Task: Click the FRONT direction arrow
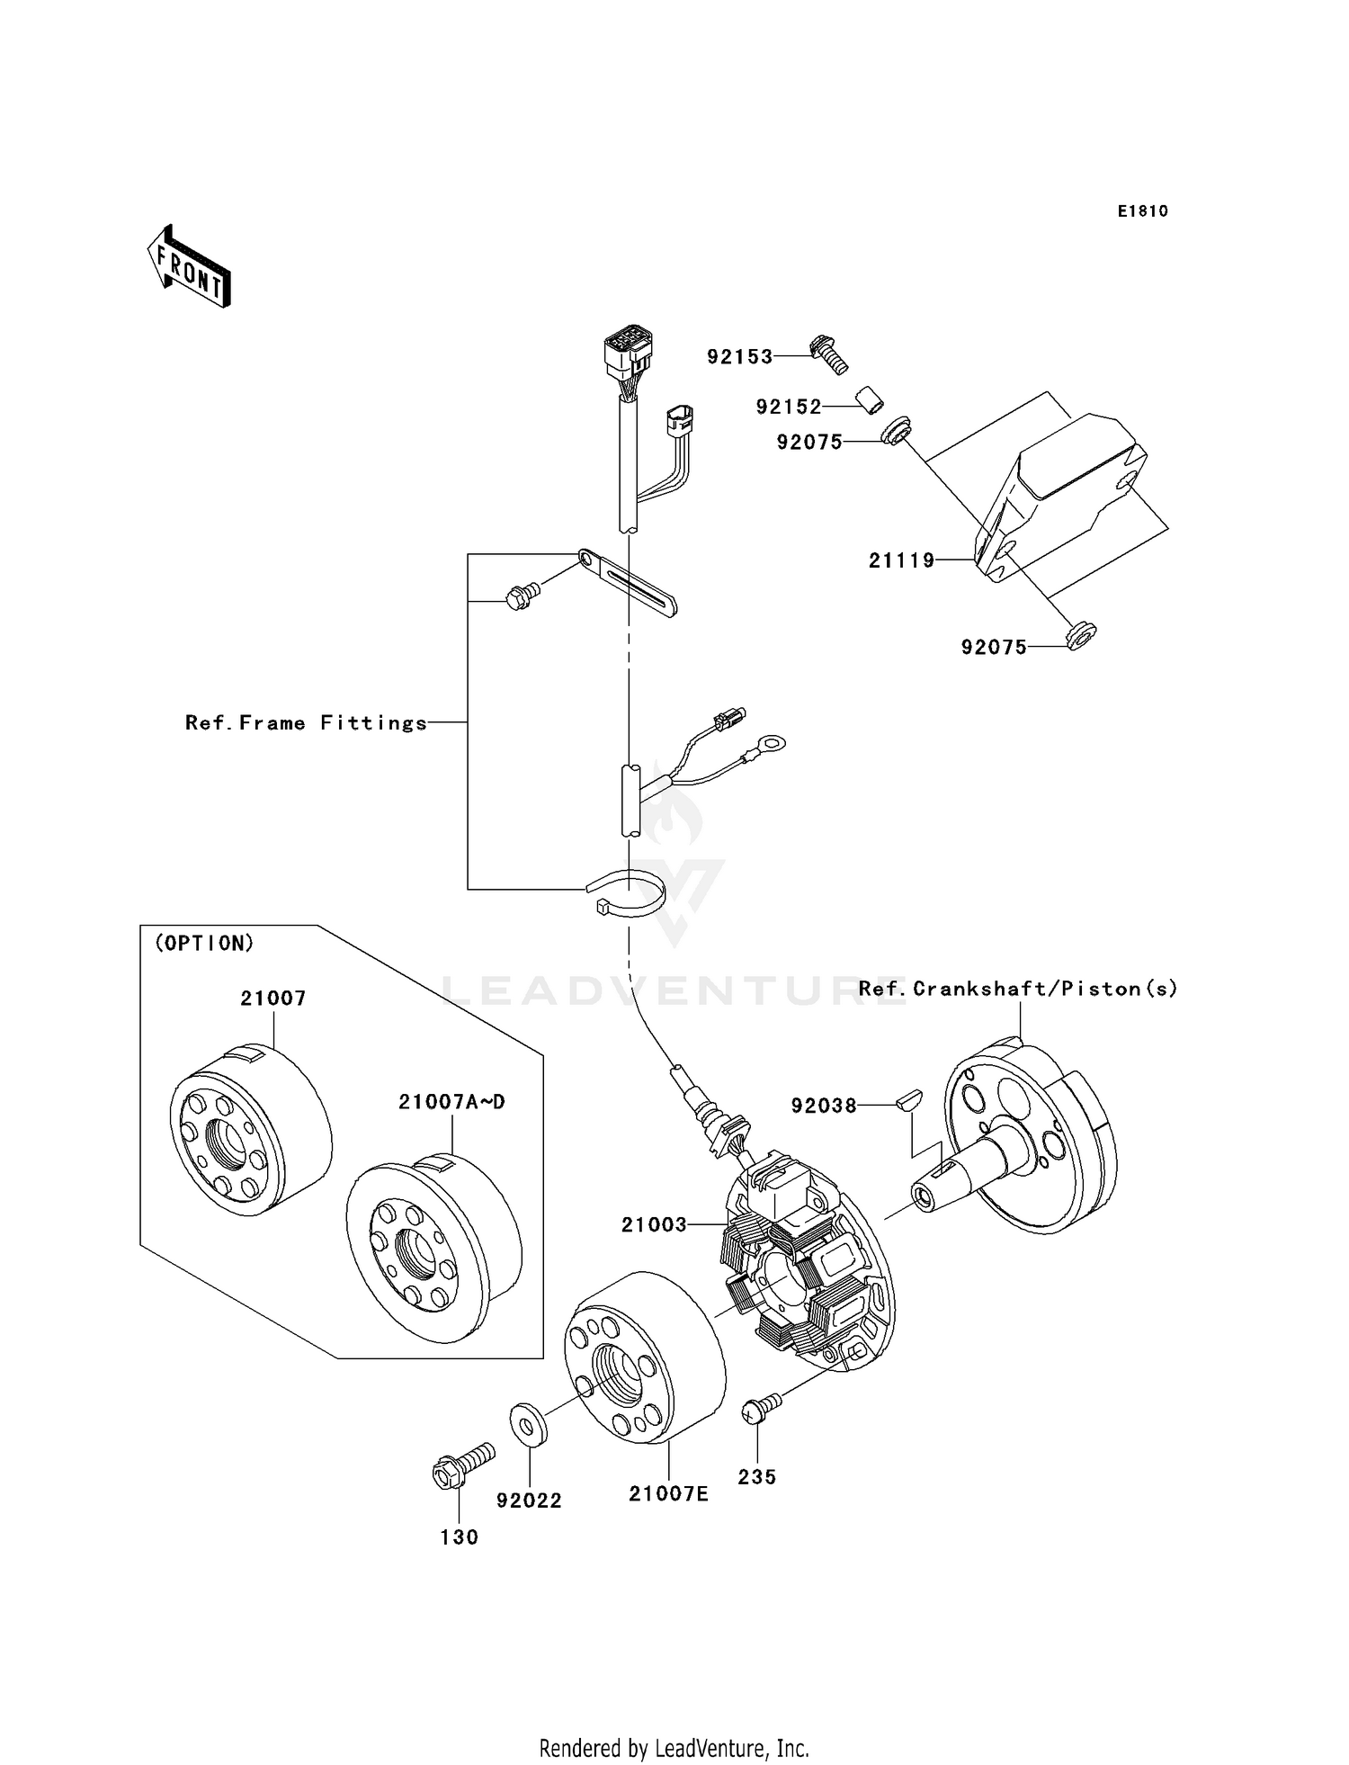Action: click(190, 267)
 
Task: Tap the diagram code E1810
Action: click(1142, 211)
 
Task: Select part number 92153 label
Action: click(739, 357)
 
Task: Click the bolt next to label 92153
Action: click(829, 354)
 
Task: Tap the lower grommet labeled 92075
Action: click(1078, 636)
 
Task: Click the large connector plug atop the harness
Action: click(628, 354)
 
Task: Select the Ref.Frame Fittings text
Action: click(306, 723)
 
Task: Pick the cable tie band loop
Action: click(628, 895)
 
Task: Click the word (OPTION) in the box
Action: click(205, 944)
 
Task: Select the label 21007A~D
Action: click(451, 1102)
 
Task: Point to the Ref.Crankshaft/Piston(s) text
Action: click(1017, 990)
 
